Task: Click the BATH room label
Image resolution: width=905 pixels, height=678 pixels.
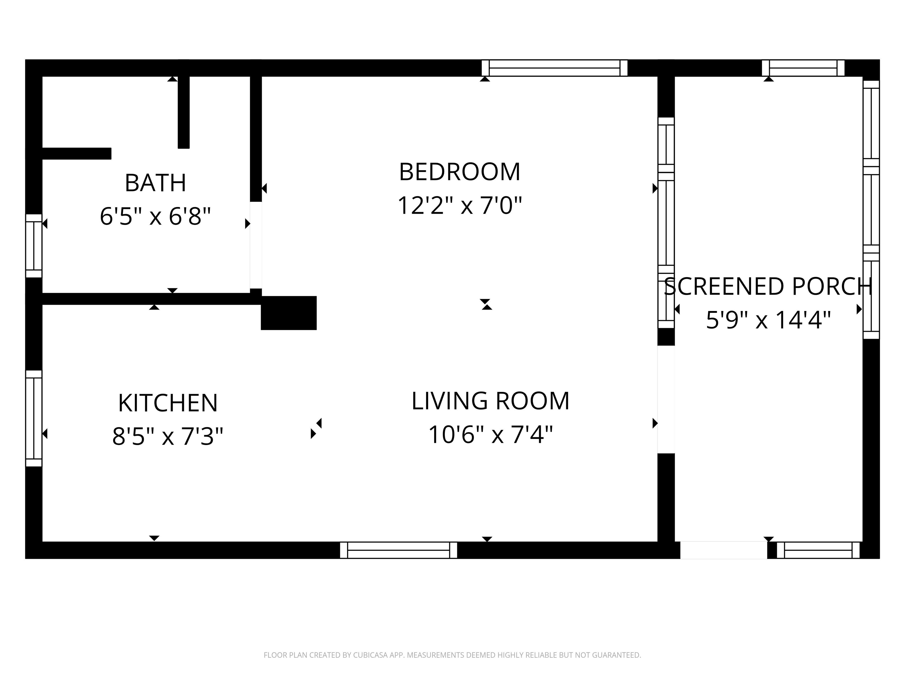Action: [156, 183]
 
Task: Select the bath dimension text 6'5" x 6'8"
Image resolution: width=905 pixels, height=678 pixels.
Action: [156, 216]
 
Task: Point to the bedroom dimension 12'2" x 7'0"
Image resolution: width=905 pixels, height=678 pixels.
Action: [460, 205]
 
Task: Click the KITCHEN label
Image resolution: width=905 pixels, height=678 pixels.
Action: [168, 403]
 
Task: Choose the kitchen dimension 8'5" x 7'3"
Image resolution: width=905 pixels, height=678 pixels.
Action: [168, 436]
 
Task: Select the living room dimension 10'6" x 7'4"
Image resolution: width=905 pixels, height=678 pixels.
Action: [491, 434]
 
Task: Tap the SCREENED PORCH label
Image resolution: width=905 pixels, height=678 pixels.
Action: [768, 287]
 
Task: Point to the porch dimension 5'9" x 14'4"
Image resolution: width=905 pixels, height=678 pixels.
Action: [768, 320]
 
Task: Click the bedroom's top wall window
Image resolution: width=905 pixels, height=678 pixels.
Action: [554, 68]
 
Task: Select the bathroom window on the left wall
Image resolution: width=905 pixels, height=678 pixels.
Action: [34, 246]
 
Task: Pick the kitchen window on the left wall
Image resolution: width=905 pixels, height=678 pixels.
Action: [34, 418]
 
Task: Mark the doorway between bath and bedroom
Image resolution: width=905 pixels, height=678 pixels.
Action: [256, 245]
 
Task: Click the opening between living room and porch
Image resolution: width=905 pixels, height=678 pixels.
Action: [666, 399]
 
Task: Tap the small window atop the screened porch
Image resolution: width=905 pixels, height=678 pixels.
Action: [803, 68]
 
